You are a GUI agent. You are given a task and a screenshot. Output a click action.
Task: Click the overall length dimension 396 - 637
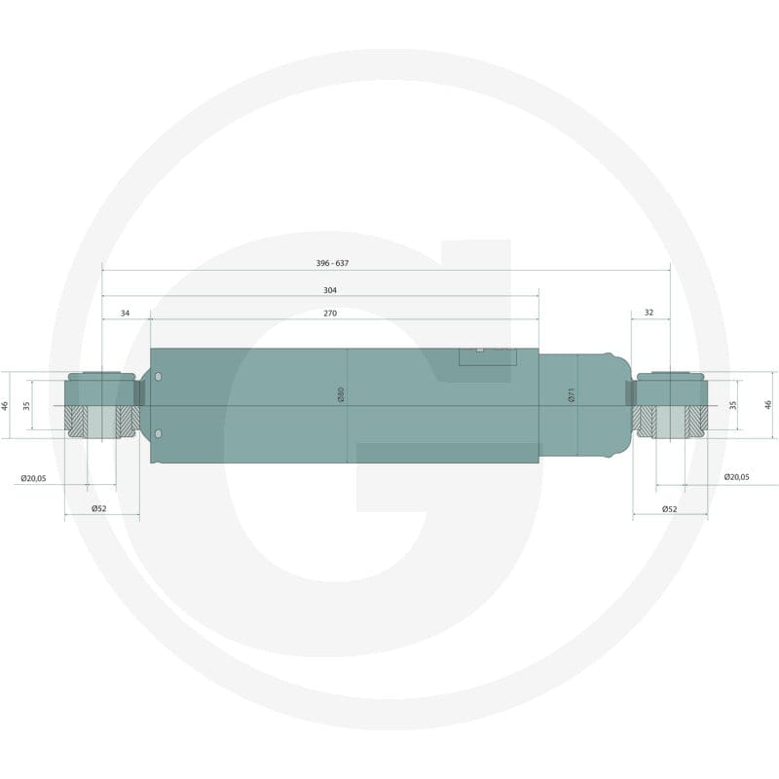tap(332, 263)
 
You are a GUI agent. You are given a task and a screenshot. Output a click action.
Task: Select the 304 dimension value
tap(330, 290)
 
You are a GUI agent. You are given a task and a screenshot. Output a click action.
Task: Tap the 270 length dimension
tap(330, 313)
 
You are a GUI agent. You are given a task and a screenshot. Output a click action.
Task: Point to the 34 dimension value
tap(126, 313)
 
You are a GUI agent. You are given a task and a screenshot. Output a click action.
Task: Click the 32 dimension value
tap(649, 313)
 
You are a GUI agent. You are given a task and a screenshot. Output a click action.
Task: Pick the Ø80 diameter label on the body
tap(341, 394)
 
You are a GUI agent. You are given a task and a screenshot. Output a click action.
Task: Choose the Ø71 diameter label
tap(572, 395)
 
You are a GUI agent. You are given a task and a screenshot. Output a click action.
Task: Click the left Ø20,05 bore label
tap(33, 478)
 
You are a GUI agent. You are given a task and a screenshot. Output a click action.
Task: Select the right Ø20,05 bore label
tap(737, 477)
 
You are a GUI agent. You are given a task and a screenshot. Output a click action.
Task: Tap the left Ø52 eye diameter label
tap(99, 508)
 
